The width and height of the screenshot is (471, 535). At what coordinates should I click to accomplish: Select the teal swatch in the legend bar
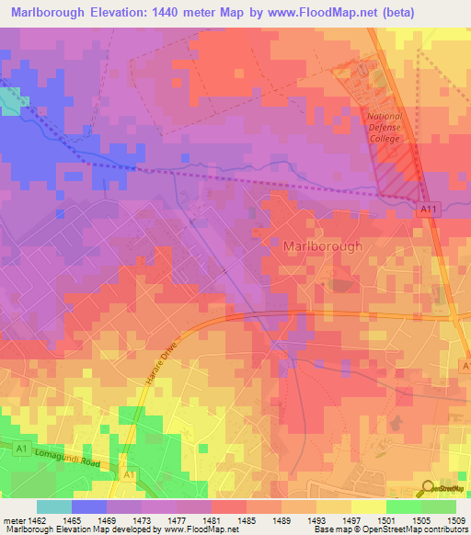tap(54, 507)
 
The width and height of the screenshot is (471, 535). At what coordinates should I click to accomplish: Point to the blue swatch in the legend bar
tap(89, 507)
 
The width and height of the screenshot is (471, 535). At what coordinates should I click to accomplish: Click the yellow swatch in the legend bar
tap(368, 507)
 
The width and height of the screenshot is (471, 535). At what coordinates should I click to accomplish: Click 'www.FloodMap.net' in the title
tap(310, 12)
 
